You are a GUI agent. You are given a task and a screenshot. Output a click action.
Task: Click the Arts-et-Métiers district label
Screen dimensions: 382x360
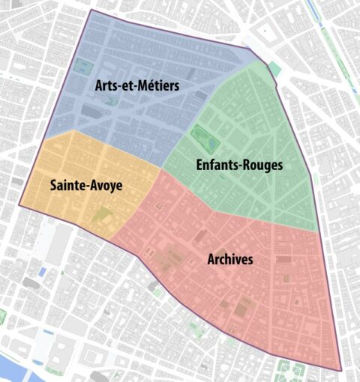137,86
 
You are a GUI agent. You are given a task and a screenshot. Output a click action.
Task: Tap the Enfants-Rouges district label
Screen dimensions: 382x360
239,165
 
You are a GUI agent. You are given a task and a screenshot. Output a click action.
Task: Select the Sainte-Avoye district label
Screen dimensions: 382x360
86,184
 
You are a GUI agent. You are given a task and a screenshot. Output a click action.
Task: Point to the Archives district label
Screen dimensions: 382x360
230,260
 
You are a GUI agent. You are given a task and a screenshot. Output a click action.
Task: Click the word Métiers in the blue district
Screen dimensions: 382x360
158,86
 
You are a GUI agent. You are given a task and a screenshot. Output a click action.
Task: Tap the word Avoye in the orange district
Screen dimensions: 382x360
105,184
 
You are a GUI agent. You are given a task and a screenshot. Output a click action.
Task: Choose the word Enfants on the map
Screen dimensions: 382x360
216,165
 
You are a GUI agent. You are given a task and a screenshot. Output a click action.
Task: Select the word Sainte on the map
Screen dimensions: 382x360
67,184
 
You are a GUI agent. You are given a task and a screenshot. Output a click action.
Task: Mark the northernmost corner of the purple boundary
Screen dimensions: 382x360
91,10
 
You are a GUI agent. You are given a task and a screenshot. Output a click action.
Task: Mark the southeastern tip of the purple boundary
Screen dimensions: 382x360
341,371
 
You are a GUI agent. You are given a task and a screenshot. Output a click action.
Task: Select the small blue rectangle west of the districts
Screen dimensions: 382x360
42,270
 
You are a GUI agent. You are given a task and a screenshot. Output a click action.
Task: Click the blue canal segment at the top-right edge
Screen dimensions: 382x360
313,11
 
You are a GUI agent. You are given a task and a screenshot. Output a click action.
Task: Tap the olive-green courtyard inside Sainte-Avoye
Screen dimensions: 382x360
102,216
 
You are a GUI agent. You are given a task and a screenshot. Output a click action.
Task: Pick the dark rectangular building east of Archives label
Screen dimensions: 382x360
283,259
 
